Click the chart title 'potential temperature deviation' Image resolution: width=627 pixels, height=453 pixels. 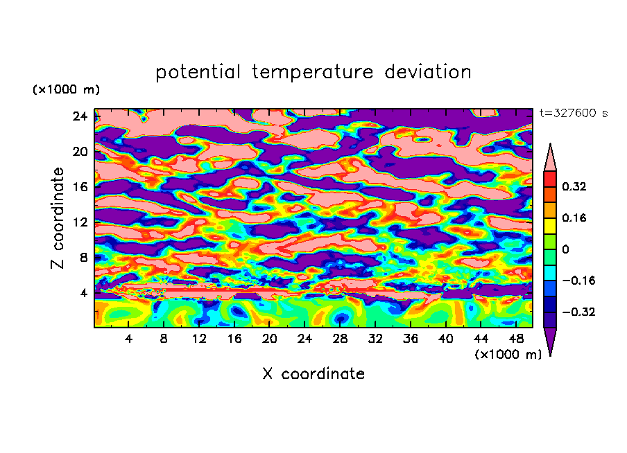coord(313,72)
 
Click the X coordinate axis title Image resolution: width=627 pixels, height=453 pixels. coord(313,374)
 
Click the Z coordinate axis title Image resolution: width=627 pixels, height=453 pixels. coord(58,218)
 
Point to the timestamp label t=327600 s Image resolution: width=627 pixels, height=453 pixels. coord(573,113)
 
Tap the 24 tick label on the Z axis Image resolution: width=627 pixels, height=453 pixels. coord(79,116)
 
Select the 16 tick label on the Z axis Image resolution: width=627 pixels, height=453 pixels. coord(79,187)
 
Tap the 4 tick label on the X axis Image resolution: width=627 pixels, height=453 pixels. coord(129,339)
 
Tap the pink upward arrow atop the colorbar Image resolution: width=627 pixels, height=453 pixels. coord(550,157)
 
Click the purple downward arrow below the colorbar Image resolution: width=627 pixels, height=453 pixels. coord(550,341)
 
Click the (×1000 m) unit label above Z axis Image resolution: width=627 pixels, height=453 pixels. coord(65,90)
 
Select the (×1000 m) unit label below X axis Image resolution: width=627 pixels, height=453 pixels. coord(508,355)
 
